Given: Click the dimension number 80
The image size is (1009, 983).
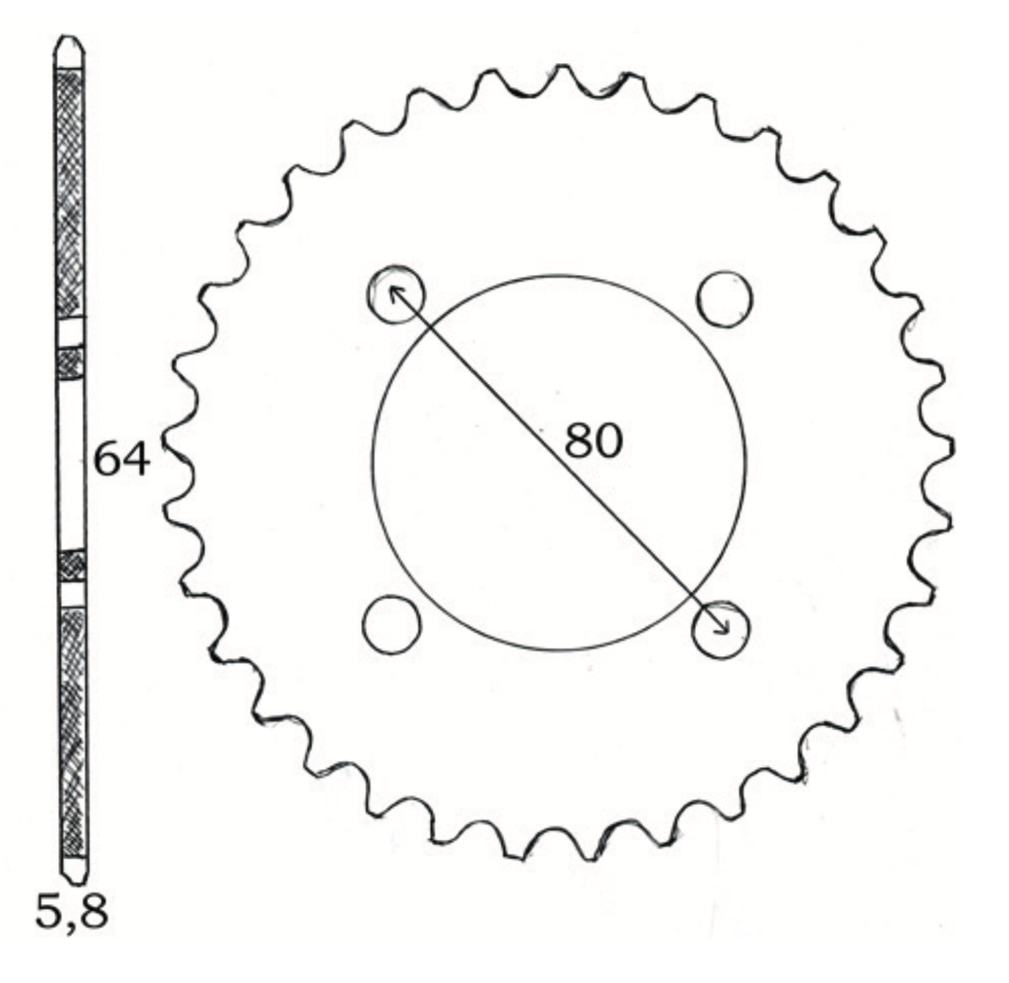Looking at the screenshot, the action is pos(593,441).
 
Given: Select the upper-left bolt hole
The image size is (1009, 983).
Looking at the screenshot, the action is pos(396,294).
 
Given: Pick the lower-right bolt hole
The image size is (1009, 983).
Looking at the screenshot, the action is pos(720,629).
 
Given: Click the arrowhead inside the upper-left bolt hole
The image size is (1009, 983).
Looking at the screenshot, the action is pos(395,293).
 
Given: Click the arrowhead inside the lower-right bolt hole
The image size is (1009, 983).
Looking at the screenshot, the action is pos(722,628).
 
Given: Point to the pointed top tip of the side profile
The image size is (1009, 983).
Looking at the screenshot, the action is pos(69,36).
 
